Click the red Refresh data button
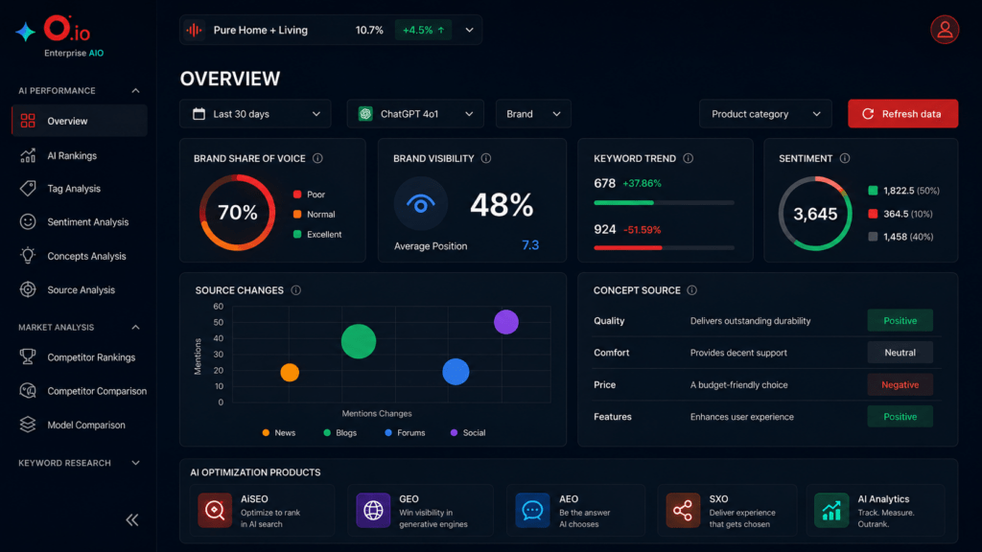(x=902, y=114)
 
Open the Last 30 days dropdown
(x=255, y=114)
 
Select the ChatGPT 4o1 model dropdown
(x=415, y=114)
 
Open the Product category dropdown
(x=765, y=114)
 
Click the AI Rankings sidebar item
(x=72, y=156)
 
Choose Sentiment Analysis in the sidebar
(x=87, y=222)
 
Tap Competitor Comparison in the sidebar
(x=97, y=391)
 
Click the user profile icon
(x=945, y=30)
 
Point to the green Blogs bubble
(x=359, y=341)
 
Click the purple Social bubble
(x=506, y=322)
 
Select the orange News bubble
(x=290, y=373)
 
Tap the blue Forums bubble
(x=456, y=372)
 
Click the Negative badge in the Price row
(x=900, y=385)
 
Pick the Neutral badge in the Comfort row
(x=900, y=353)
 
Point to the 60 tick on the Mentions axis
(x=218, y=307)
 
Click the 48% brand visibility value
(x=502, y=205)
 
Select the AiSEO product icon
(x=215, y=510)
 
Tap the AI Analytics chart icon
(x=831, y=510)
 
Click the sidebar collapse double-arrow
(x=132, y=520)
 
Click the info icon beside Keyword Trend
(x=689, y=158)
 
